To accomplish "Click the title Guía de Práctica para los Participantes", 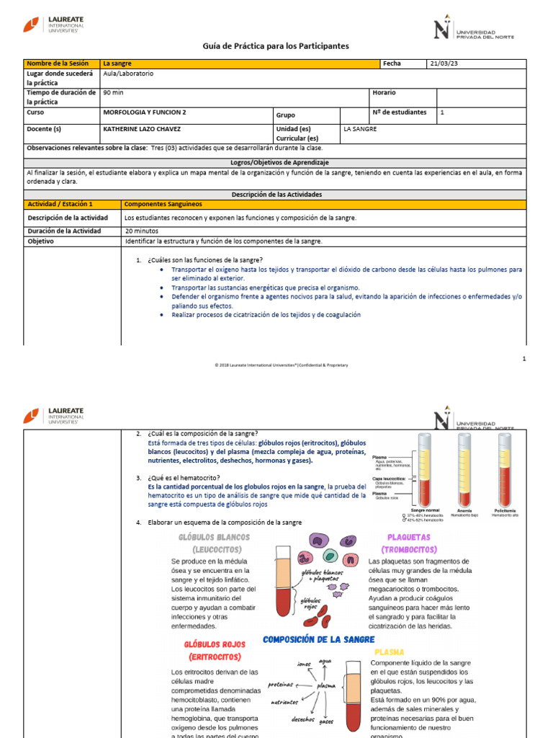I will [x=276, y=46].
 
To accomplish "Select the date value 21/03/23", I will [x=444, y=63].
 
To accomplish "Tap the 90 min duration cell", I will [x=114, y=93].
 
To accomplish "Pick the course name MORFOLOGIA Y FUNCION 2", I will [x=145, y=112].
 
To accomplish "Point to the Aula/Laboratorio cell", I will [x=128, y=74].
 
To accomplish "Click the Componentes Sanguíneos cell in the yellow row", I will [x=160, y=205].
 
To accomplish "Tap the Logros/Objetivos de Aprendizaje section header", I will [x=276, y=163].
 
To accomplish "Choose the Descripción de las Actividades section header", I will [x=276, y=195].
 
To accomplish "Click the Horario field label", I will [x=384, y=93].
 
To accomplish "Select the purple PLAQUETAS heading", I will [x=408, y=537].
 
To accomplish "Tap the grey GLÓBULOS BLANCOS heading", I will [x=213, y=537].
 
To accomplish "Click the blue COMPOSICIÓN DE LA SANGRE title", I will [x=318, y=639].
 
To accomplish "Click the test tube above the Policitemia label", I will [x=505, y=468].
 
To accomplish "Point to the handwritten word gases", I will [x=326, y=721].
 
